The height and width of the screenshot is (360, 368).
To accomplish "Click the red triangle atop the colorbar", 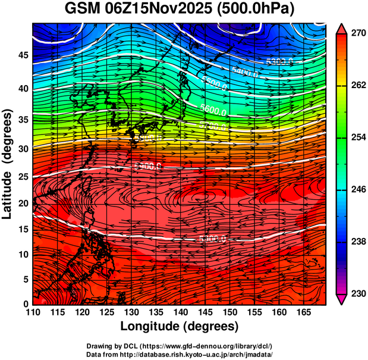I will [x=342, y=28].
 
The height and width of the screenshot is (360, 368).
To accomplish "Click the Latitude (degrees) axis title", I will [x=8, y=162].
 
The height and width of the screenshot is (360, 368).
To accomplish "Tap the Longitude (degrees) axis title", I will [x=180, y=326].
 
